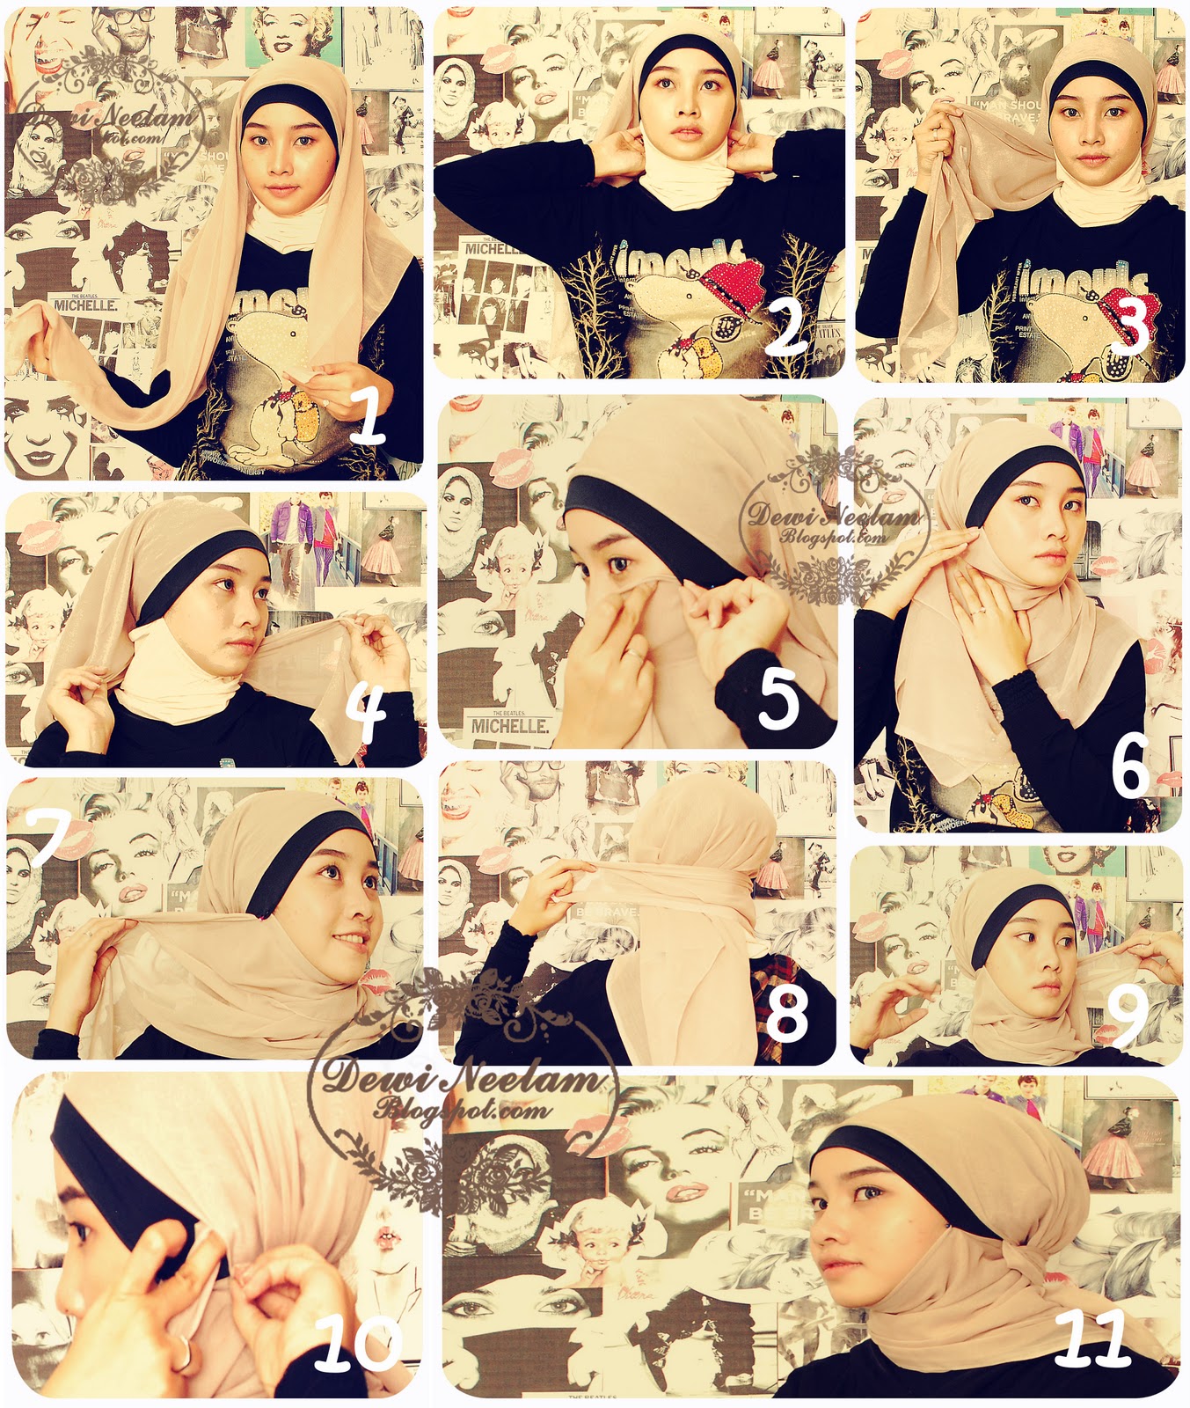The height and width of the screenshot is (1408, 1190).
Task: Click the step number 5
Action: pos(778,700)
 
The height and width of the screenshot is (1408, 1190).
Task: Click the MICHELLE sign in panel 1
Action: pos(85,304)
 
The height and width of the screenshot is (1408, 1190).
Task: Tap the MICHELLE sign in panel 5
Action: pos(509,725)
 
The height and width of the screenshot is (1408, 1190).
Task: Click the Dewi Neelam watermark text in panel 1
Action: pos(112,116)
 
